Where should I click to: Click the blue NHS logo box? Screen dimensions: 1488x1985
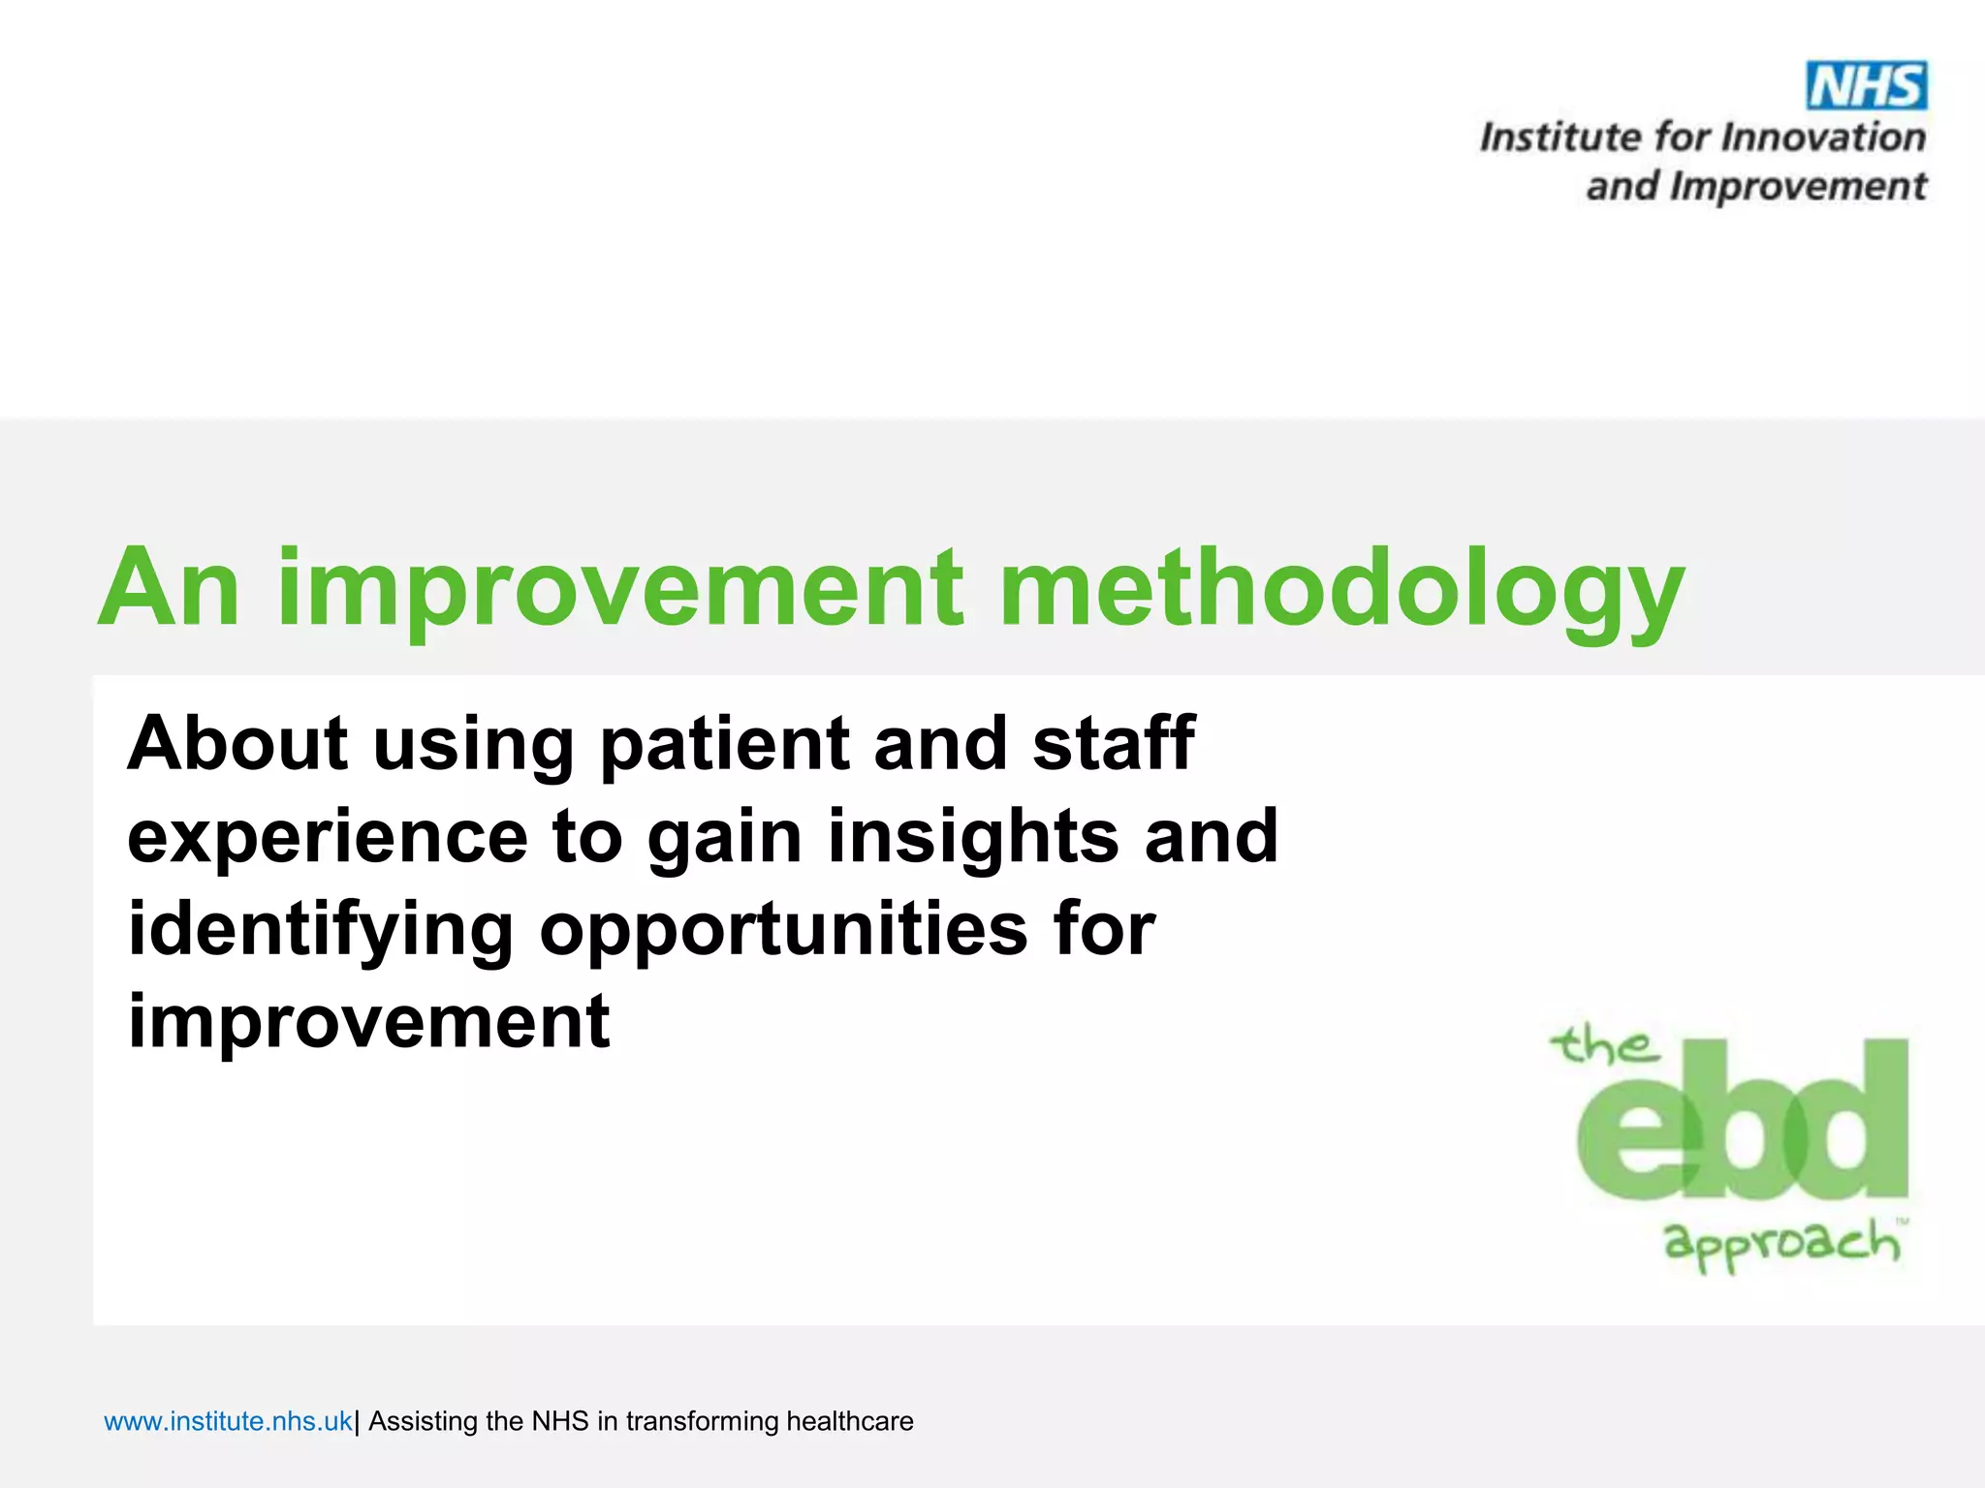[1866, 86]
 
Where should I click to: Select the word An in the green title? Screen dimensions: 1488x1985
[169, 587]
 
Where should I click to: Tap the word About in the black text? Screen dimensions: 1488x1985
[237, 743]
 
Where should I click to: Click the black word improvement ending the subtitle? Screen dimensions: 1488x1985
[368, 1022]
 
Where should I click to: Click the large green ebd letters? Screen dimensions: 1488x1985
[1743, 1124]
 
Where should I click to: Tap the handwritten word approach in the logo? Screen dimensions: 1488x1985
[1781, 1243]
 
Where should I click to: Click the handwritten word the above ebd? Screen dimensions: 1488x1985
[1604, 1046]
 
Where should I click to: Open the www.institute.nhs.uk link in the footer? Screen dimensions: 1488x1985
[228, 1421]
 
